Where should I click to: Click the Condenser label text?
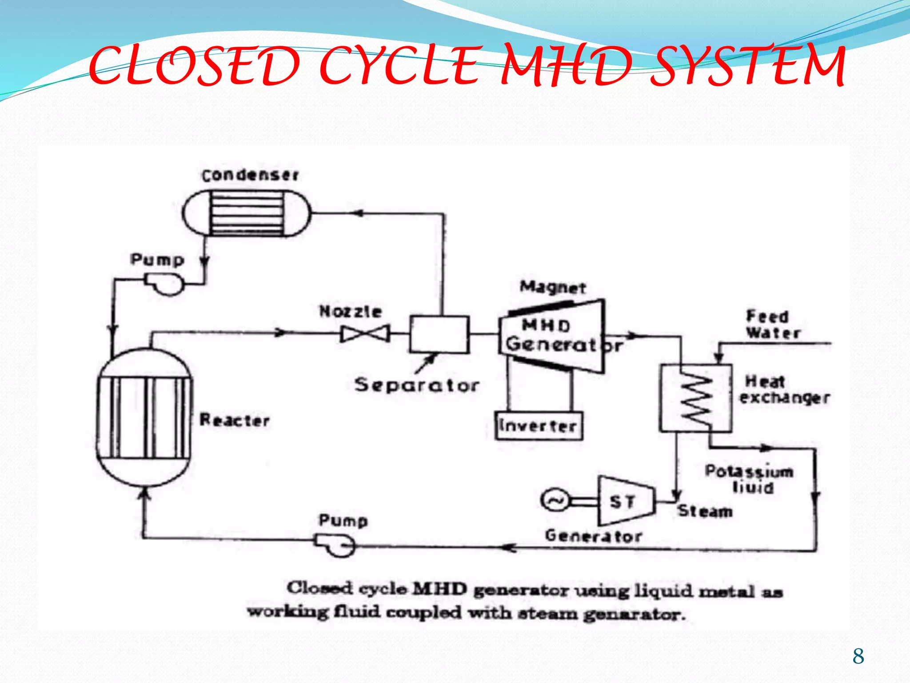pyautogui.click(x=250, y=175)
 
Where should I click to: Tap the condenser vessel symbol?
pyautogui.click(x=247, y=213)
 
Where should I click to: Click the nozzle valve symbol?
pyautogui.click(x=365, y=333)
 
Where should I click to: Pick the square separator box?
pyautogui.click(x=439, y=334)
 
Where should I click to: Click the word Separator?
pyautogui.click(x=417, y=385)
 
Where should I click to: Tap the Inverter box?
pyautogui.click(x=539, y=426)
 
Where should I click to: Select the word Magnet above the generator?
pyautogui.click(x=553, y=287)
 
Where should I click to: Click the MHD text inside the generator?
pyautogui.click(x=546, y=325)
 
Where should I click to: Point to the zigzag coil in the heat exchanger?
pyautogui.click(x=696, y=399)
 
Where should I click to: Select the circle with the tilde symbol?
pyautogui.click(x=554, y=501)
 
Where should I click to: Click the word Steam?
pyautogui.click(x=705, y=511)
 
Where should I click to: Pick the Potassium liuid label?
pyautogui.click(x=750, y=479)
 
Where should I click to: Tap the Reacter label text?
pyautogui.click(x=235, y=420)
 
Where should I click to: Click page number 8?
pyautogui.click(x=858, y=656)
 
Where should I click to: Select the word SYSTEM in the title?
pyautogui.click(x=748, y=67)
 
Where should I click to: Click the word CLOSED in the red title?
pyautogui.click(x=195, y=67)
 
